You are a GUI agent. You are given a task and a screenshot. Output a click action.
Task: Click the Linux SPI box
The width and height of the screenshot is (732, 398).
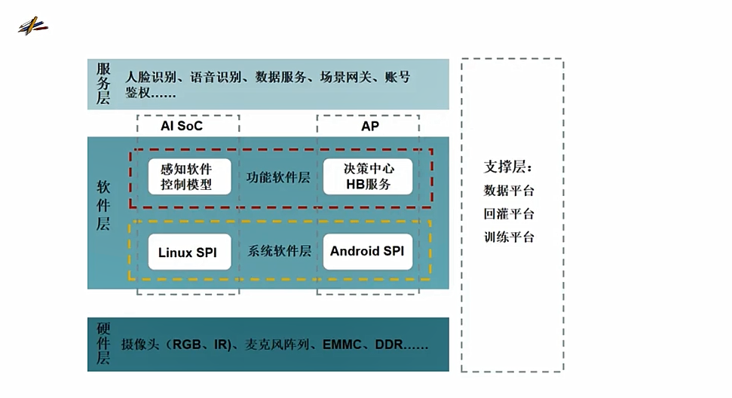coord(187,253)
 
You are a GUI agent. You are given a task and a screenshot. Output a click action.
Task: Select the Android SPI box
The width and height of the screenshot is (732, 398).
coord(366,251)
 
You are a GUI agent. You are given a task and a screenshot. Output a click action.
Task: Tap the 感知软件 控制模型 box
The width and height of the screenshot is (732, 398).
coord(186,177)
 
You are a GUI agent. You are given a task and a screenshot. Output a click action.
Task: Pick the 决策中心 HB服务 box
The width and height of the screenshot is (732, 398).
coord(368,176)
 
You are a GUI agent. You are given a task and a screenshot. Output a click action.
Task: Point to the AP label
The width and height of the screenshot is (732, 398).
coord(369,126)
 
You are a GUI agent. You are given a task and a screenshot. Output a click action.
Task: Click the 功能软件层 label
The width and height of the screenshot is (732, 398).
coord(278,178)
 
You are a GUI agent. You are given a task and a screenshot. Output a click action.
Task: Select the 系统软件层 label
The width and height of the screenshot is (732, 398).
coord(279,251)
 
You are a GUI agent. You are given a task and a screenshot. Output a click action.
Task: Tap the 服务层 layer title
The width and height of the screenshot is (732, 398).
coord(103,83)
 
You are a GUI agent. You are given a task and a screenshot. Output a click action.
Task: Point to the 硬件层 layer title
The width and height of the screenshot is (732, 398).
coord(103,344)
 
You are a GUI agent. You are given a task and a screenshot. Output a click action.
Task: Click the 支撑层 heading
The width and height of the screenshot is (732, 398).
coord(508,167)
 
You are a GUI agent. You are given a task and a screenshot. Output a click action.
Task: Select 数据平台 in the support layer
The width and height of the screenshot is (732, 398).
coord(509,191)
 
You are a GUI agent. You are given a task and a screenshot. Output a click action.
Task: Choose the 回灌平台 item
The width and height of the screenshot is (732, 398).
coord(509,214)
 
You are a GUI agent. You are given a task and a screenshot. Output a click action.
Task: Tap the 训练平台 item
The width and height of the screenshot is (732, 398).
coord(509,237)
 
